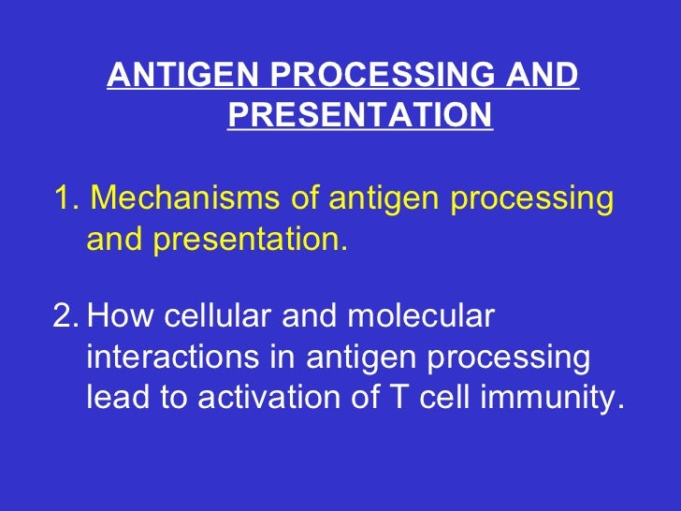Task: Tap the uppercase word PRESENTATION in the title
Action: pyautogui.click(x=359, y=115)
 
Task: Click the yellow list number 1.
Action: pyautogui.click(x=63, y=199)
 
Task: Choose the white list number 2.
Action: pyautogui.click(x=64, y=317)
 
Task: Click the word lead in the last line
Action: pyautogui.click(x=118, y=398)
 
